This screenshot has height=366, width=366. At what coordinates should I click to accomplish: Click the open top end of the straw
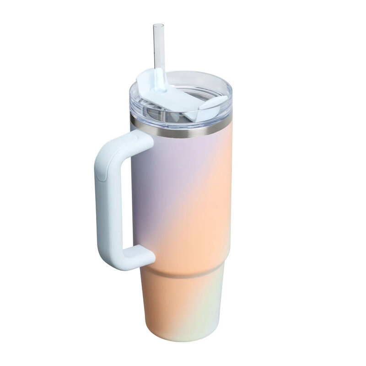pyautogui.click(x=158, y=26)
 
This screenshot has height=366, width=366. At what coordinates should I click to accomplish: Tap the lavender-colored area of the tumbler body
pyautogui.click(x=156, y=183)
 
